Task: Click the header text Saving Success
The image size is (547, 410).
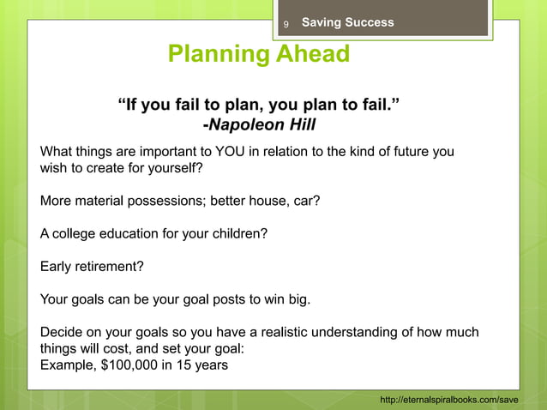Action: coord(348,22)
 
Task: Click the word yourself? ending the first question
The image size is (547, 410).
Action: coord(176,168)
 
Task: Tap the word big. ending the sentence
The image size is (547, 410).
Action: coord(296,299)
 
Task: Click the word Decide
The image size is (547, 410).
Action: coord(62,332)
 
